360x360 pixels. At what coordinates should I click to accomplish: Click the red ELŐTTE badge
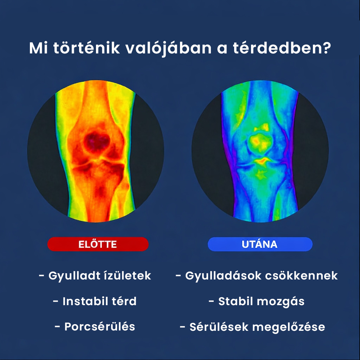pos(98,244)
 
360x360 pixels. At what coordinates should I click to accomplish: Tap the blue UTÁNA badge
pos(260,244)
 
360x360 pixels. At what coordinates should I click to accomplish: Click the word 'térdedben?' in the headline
pos(282,48)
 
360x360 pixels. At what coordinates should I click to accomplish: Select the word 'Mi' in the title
pos(38,48)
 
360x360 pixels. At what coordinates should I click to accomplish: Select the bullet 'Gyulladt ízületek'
pos(95,276)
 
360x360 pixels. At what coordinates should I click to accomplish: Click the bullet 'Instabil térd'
pos(95,301)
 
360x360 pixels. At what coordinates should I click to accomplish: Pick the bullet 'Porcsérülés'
pos(95,327)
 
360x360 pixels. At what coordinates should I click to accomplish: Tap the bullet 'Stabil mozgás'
pos(256,301)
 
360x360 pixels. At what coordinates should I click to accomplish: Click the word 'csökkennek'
pos(301,276)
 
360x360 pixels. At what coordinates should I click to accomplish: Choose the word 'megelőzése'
pos(289,327)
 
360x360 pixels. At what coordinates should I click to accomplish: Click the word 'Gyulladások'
pos(224,276)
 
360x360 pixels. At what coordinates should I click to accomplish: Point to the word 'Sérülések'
pos(219,327)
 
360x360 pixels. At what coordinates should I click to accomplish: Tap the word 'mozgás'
pos(281,302)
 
